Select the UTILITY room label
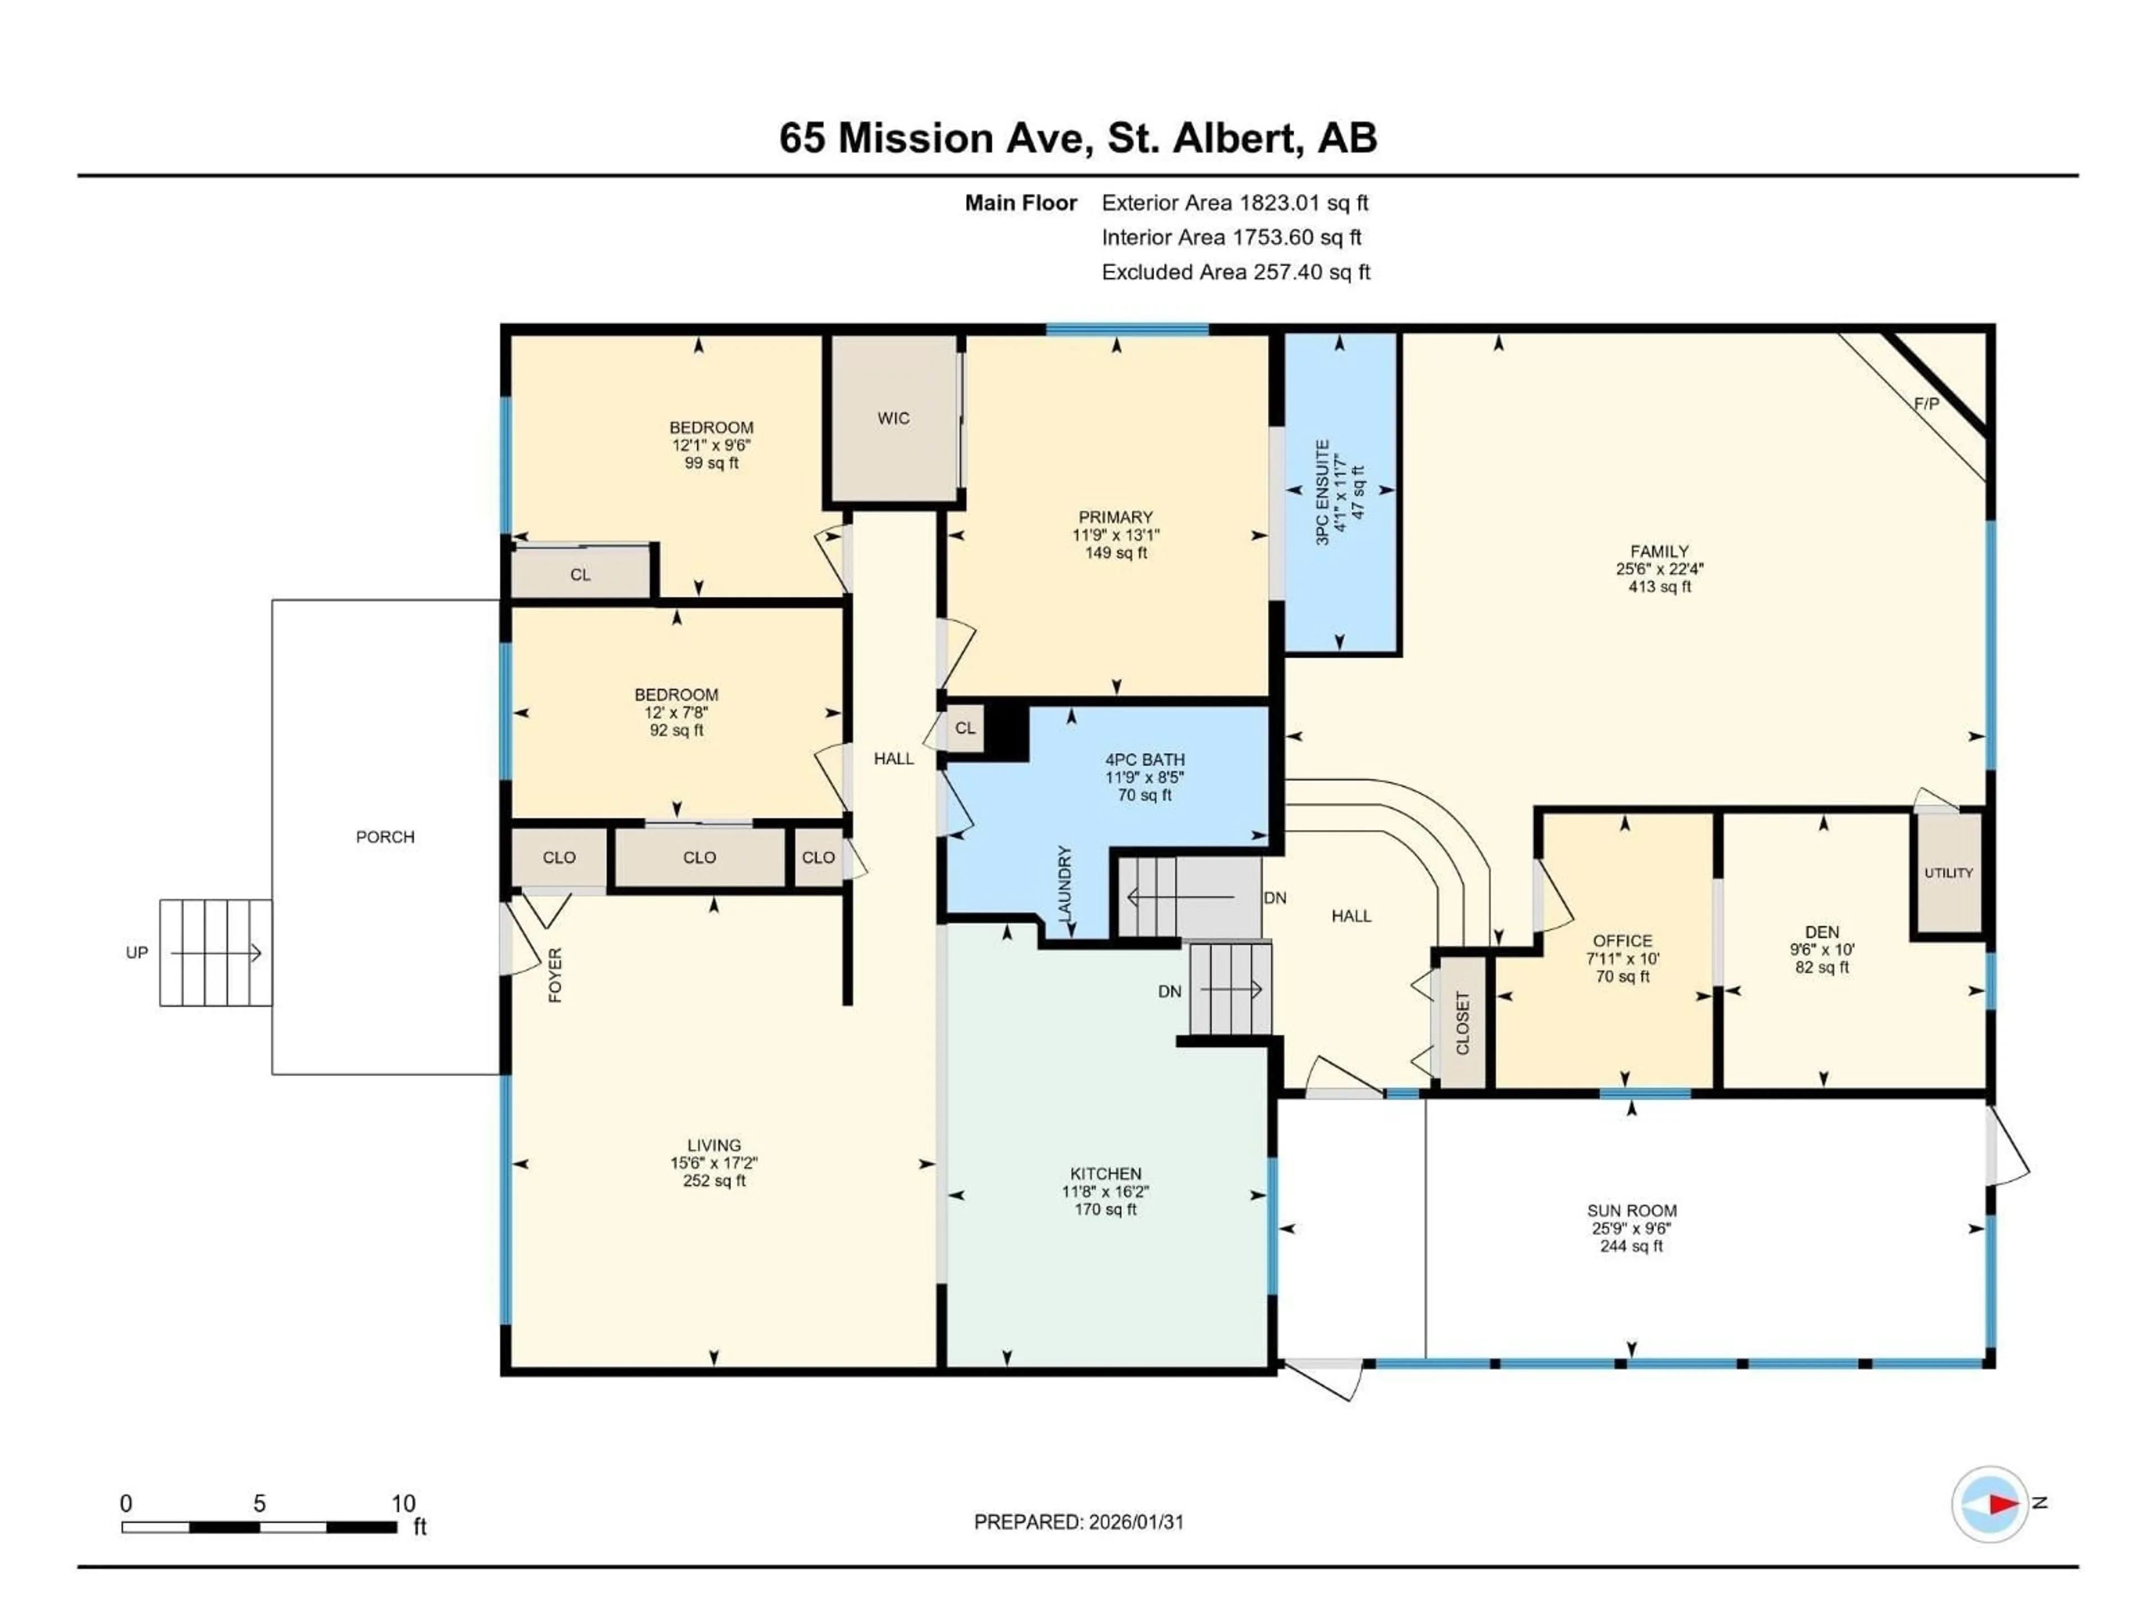1947,873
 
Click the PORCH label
385,836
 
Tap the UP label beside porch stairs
136,952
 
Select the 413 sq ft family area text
1659,587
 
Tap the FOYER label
555,975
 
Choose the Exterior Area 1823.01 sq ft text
1234,203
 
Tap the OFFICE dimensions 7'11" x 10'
1622,958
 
